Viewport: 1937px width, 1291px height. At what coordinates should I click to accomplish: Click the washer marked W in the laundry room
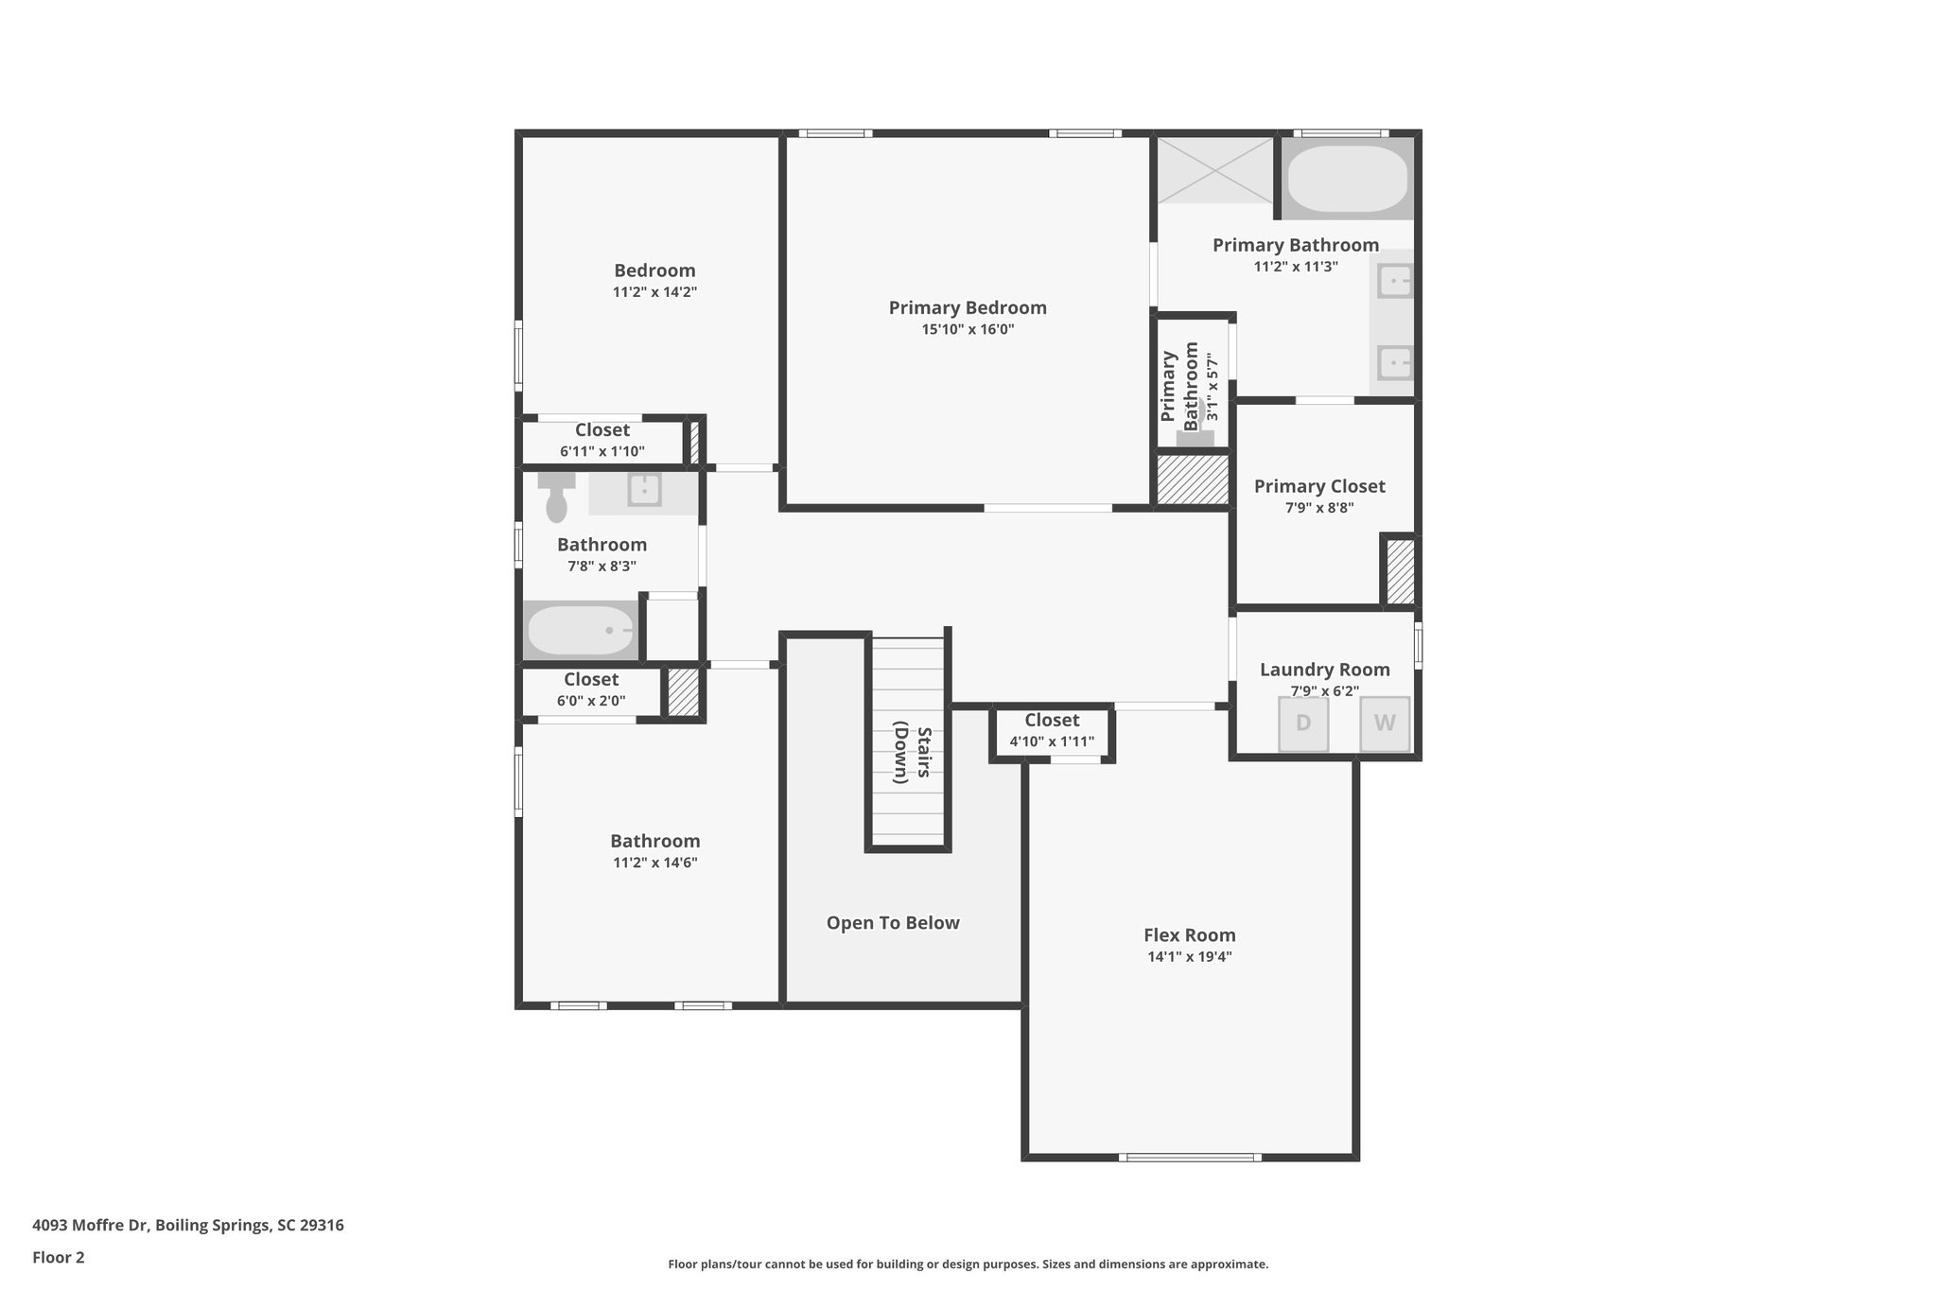pyautogui.click(x=1385, y=724)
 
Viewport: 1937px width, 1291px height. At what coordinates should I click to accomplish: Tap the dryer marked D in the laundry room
pyautogui.click(x=1303, y=724)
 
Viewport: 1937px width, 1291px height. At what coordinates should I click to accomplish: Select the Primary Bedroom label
pyautogui.click(x=968, y=307)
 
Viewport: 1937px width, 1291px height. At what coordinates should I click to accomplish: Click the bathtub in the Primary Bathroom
pyautogui.click(x=1348, y=179)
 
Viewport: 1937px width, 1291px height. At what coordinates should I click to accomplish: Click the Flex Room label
pyautogui.click(x=1190, y=935)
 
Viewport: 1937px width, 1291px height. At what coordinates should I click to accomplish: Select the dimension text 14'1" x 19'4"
pyautogui.click(x=1190, y=956)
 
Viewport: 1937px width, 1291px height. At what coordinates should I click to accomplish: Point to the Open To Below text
pyautogui.click(x=893, y=923)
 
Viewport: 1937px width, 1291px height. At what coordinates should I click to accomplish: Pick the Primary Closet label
pyautogui.click(x=1319, y=486)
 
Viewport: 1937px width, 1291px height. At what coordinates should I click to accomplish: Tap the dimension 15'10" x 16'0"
pyautogui.click(x=968, y=329)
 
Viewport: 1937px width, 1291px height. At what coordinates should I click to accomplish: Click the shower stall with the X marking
pyautogui.click(x=1216, y=170)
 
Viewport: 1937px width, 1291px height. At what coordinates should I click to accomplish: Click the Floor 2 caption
pyautogui.click(x=59, y=1258)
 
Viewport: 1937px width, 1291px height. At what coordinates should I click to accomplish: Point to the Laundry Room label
pyautogui.click(x=1325, y=670)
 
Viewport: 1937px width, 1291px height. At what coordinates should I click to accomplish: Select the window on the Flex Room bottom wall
pyautogui.click(x=1190, y=1157)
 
